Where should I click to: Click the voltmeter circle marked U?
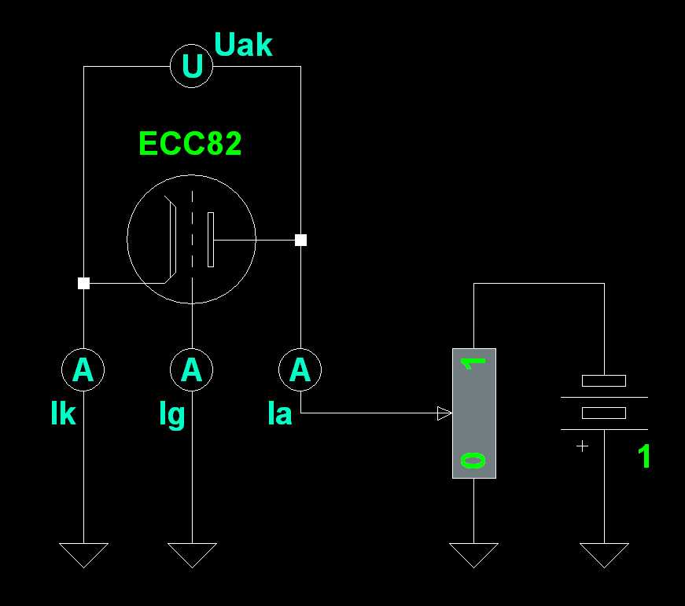coord(192,66)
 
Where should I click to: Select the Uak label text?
coord(243,46)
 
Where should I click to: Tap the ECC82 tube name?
coord(190,144)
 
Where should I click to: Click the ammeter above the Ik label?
coord(83,369)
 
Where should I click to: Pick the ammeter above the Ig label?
coord(192,369)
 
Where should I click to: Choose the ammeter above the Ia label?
coord(300,369)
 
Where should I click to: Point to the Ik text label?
coord(63,413)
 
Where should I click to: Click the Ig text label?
coord(171,415)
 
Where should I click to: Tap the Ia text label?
coord(279,413)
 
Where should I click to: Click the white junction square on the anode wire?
coord(300,240)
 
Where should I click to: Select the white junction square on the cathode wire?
coord(83,283)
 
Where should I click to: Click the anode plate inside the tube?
coord(210,239)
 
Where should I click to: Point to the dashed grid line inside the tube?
coord(192,236)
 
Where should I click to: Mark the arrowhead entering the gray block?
coord(444,413)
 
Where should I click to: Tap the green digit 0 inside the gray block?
coord(473,460)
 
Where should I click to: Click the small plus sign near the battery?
coord(582,446)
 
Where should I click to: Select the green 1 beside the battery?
coord(644,457)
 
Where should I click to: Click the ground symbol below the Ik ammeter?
coord(83,554)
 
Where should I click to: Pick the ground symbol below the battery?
coord(604,554)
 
